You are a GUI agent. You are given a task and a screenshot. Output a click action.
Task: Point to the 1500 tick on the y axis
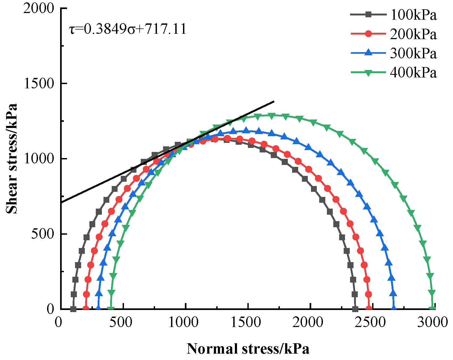tap(39, 84)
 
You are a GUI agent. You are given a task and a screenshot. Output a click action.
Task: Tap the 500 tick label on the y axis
tap(43, 234)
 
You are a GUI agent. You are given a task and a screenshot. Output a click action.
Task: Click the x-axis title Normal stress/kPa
tap(248, 349)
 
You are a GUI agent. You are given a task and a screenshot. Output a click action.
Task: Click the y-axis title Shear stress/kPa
tap(12, 159)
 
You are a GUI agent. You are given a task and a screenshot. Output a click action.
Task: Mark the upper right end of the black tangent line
tap(274, 101)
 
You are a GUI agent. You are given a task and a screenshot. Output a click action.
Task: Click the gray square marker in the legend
tap(368, 15)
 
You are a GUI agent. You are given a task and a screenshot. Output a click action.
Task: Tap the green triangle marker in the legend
tap(368, 73)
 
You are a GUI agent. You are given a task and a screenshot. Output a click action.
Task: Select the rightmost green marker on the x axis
tap(433, 309)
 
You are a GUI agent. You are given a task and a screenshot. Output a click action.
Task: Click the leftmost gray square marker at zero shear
tap(73, 309)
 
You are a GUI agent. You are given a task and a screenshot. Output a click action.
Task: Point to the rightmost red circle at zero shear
tap(369, 309)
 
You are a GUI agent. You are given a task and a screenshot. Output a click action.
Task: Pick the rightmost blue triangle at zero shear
tap(394, 308)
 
